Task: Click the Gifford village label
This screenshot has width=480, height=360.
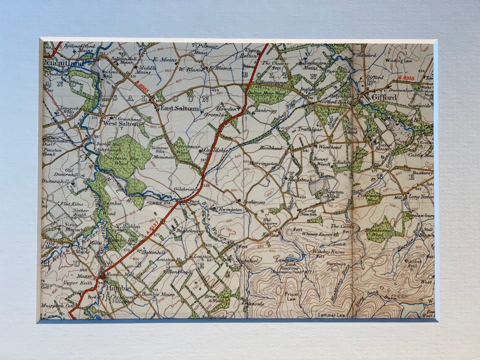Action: click(385, 97)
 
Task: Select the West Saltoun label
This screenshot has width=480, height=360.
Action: click(122, 124)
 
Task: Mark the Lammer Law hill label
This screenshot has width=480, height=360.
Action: click(332, 315)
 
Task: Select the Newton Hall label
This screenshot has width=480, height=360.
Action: click(335, 195)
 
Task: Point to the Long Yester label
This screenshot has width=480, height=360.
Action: click(420, 196)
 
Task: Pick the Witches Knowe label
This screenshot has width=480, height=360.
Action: click(328, 252)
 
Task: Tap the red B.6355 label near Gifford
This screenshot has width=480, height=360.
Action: click(406, 78)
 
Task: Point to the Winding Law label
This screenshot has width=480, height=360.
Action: click(399, 60)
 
